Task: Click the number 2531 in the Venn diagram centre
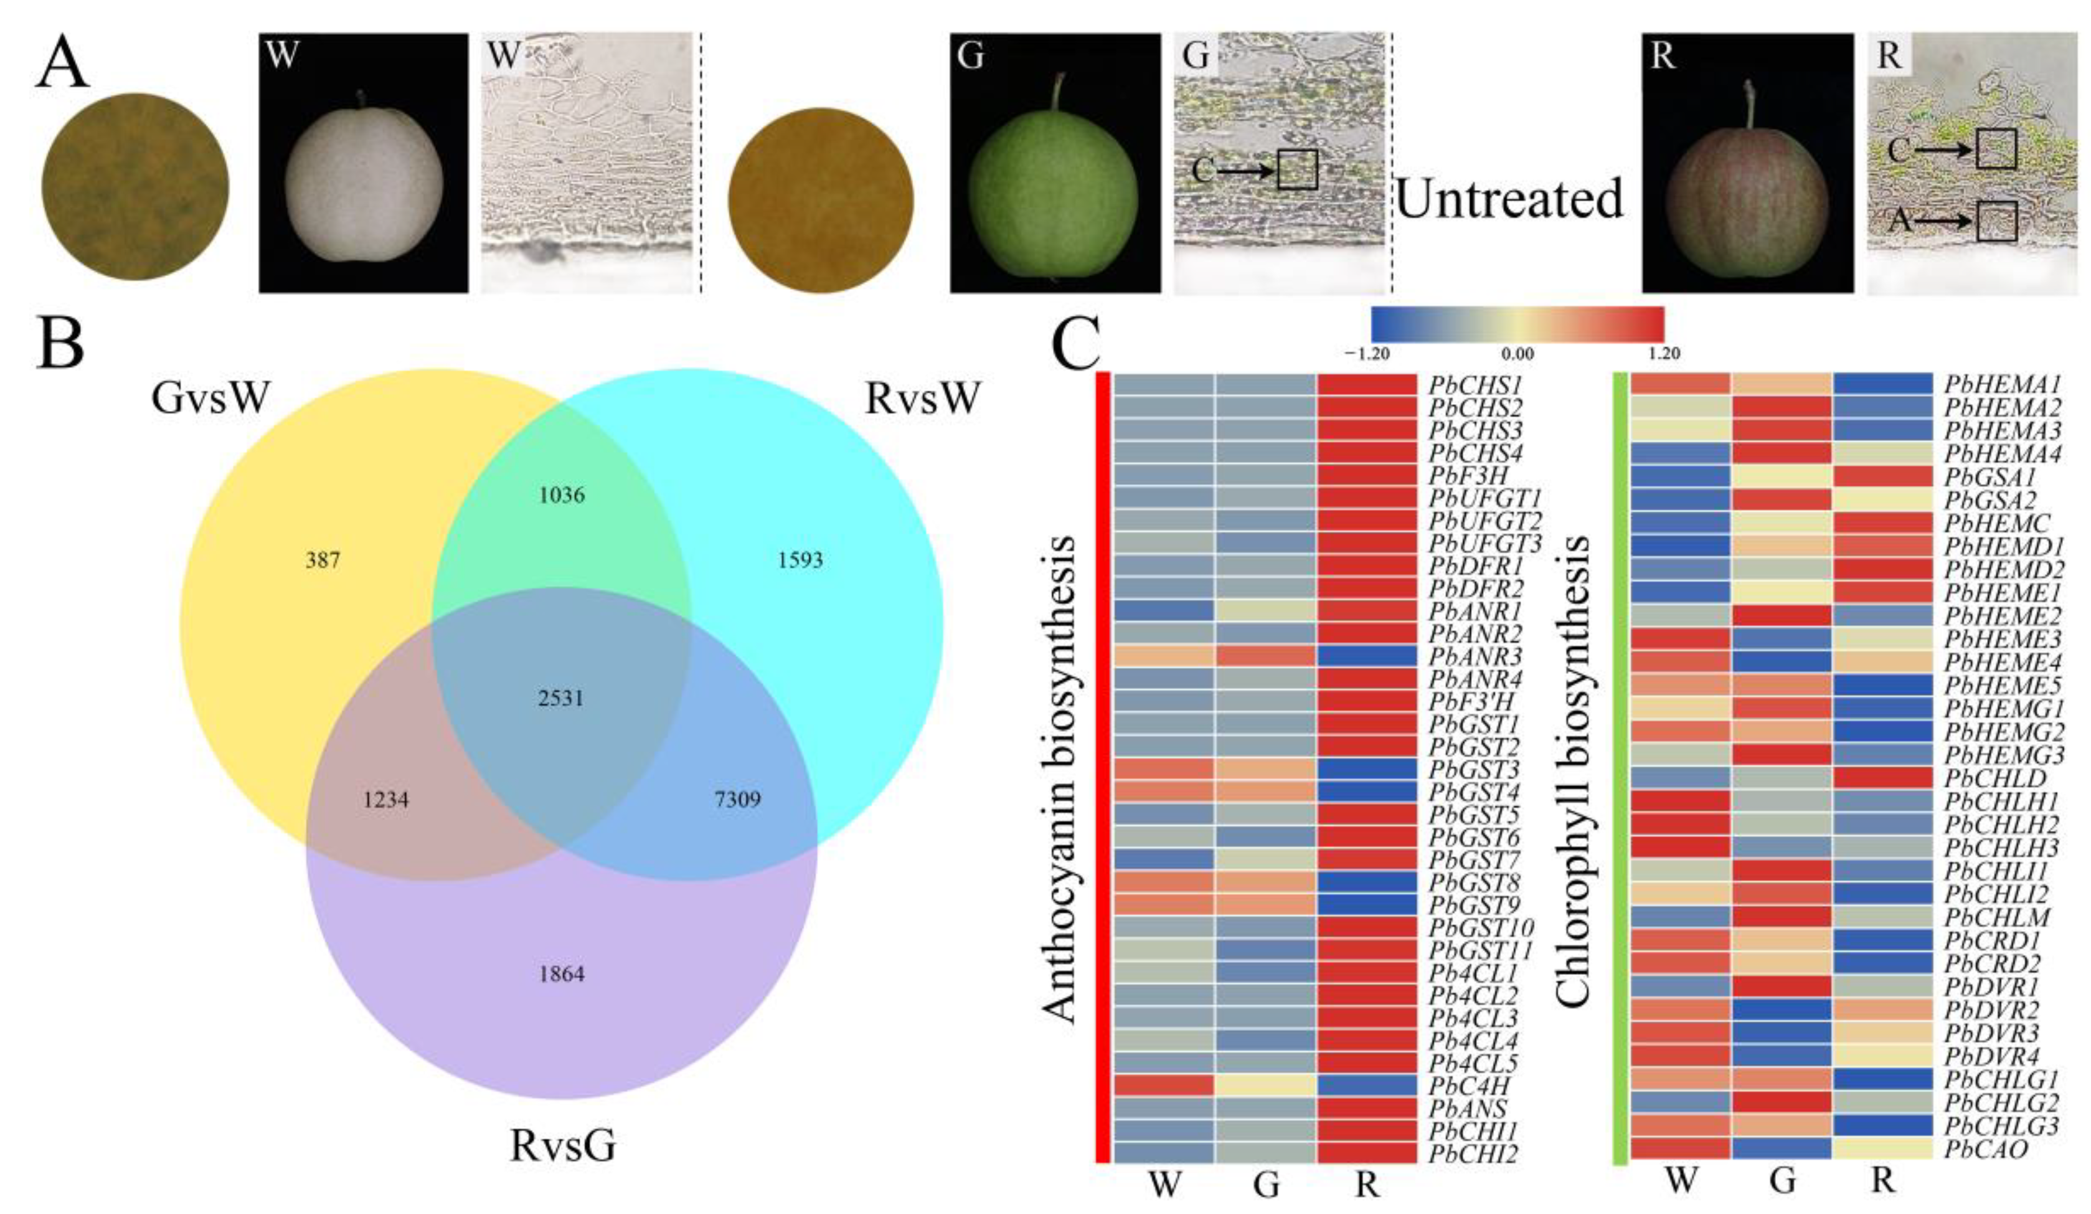click(561, 698)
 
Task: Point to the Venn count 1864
click(562, 974)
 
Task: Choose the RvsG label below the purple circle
click(562, 1146)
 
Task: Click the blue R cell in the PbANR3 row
click(1366, 655)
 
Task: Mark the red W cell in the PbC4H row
click(1163, 1086)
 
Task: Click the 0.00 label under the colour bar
click(1517, 354)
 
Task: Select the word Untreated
click(1509, 199)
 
